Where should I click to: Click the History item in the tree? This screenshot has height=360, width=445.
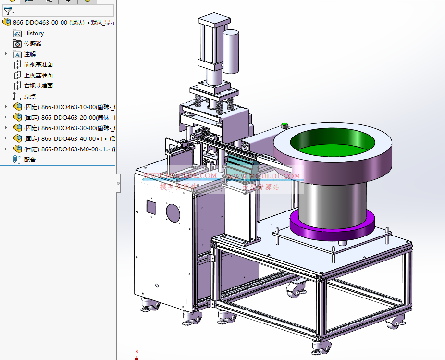[34, 33]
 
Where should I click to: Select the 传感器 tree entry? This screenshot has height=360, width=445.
[32, 44]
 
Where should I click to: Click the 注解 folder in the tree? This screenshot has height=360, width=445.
[29, 54]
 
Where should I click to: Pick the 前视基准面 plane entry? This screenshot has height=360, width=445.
[38, 65]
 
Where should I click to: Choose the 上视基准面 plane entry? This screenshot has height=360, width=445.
[38, 75]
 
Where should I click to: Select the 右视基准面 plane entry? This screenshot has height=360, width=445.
[38, 86]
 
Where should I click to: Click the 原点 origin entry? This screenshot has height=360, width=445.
[29, 97]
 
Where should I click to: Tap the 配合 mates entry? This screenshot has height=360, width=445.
[29, 160]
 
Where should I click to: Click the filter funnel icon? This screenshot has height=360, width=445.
[8, 11]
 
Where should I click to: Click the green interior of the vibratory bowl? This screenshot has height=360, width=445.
[334, 141]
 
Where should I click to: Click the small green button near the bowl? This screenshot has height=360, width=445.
[284, 125]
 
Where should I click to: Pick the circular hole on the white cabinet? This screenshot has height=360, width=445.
[173, 212]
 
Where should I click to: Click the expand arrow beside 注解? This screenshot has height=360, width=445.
[6, 54]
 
